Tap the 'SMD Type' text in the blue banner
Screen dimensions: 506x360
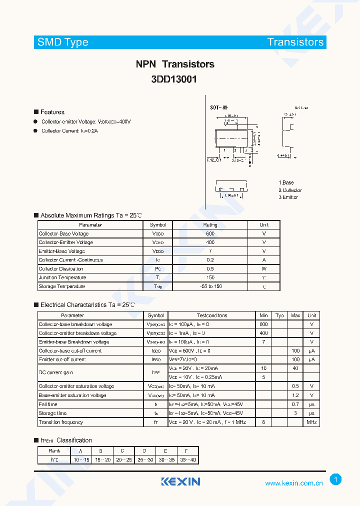63,42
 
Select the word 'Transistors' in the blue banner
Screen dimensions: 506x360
295,42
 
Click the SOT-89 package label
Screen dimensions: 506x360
219,107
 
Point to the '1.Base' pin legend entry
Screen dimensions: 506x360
286,183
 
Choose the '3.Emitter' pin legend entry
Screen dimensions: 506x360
288,197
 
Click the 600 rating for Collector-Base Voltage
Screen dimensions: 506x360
210,233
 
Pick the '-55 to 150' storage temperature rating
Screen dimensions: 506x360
210,286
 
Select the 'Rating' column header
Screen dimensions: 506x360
210,225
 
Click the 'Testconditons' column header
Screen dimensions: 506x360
212,315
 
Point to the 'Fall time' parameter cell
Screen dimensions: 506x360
48,404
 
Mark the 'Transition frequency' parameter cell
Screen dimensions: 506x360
61,422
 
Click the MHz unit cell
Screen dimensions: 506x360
311,422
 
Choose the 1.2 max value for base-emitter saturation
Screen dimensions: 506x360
295,395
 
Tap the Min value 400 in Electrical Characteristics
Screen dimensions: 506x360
264,333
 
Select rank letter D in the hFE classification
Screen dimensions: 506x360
144,450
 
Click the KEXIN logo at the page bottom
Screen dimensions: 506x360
180,481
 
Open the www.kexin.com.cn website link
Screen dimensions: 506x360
294,483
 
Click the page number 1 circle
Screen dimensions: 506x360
336,479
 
